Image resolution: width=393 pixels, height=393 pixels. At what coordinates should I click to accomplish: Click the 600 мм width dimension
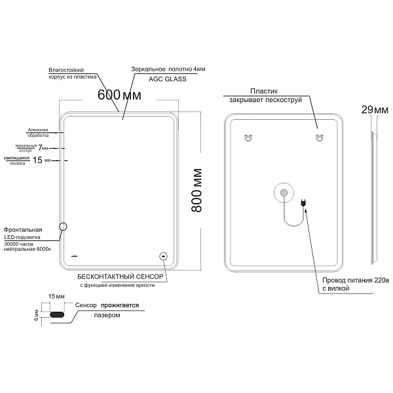point(119,95)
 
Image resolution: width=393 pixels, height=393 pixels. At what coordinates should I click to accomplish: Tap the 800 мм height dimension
point(196,191)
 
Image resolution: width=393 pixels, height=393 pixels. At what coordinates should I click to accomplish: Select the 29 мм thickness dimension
point(375,110)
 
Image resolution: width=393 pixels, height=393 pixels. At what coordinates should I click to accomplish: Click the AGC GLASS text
point(168,79)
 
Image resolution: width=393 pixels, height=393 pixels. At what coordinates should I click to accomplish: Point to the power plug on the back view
point(303,202)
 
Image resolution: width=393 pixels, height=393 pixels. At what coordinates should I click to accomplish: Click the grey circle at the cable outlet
point(284,193)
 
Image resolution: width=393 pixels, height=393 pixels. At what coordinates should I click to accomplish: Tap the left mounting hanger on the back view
point(248,138)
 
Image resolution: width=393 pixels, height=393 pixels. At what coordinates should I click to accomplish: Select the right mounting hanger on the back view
point(320,138)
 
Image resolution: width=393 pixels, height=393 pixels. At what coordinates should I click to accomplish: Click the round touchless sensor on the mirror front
point(163,256)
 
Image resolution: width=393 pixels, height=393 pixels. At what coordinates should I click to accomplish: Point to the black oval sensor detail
point(57,314)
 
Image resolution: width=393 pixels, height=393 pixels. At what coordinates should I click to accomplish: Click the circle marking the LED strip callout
point(63,227)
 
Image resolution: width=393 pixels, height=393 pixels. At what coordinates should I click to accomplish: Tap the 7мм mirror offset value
point(43,148)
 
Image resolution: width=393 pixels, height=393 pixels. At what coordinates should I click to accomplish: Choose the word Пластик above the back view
point(264,91)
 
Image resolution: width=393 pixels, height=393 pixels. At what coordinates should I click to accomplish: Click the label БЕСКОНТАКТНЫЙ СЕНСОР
point(121,276)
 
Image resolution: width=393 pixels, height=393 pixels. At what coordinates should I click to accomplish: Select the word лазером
point(107,315)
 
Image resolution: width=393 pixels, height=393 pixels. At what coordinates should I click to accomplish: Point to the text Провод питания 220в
point(356,280)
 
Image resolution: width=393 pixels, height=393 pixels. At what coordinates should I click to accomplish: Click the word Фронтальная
point(23,230)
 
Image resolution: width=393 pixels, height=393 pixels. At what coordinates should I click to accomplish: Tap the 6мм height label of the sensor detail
point(37,315)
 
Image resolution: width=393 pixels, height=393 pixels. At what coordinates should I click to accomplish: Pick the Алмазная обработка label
point(38,132)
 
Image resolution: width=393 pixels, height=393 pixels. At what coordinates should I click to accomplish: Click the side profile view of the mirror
point(374,198)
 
